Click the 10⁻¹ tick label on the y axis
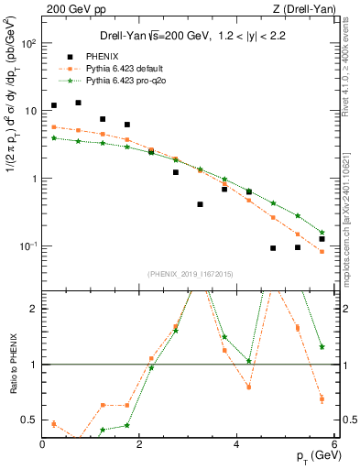[29, 246]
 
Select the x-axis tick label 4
[237, 444]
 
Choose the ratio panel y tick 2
[35, 309]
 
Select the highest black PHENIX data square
[78, 104]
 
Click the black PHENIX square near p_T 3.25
[200, 204]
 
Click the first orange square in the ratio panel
[54, 424]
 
